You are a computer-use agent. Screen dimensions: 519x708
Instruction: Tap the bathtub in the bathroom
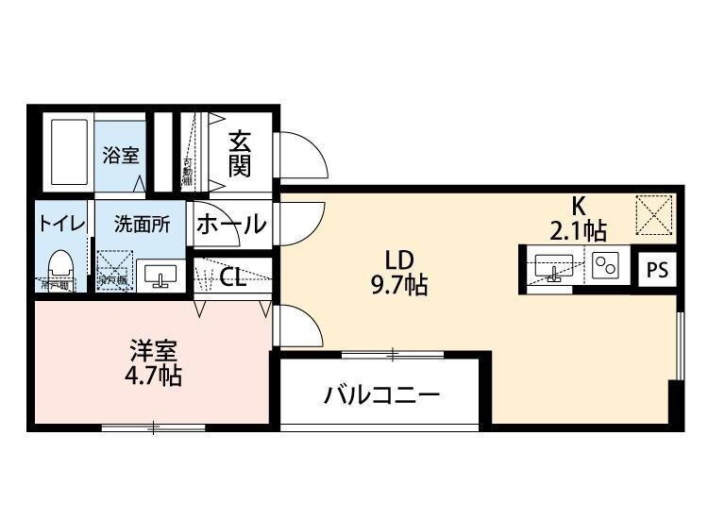pyautogui.click(x=66, y=152)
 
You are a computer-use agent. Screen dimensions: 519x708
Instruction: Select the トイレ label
pyautogui.click(x=62, y=225)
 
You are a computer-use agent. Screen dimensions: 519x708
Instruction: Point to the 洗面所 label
pyautogui.click(x=142, y=225)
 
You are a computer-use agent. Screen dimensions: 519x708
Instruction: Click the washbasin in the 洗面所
pyautogui.click(x=160, y=275)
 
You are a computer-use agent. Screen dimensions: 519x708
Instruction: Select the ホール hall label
pyautogui.click(x=230, y=226)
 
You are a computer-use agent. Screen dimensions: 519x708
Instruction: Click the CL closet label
pyautogui.click(x=233, y=277)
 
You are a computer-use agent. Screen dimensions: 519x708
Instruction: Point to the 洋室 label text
pyautogui.click(x=153, y=351)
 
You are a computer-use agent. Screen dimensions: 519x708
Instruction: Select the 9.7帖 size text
pyautogui.click(x=399, y=284)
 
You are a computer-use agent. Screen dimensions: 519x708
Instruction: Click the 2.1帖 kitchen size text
pyautogui.click(x=577, y=228)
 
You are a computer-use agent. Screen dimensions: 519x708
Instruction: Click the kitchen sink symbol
pyautogui.click(x=553, y=267)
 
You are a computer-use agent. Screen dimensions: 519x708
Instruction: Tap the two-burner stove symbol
pyautogui.click(x=605, y=267)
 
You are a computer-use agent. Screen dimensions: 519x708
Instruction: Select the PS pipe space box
pyautogui.click(x=657, y=270)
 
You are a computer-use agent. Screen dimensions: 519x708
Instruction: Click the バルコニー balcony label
pyautogui.click(x=381, y=395)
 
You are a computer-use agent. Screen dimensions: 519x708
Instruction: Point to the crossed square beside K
pyautogui.click(x=652, y=214)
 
